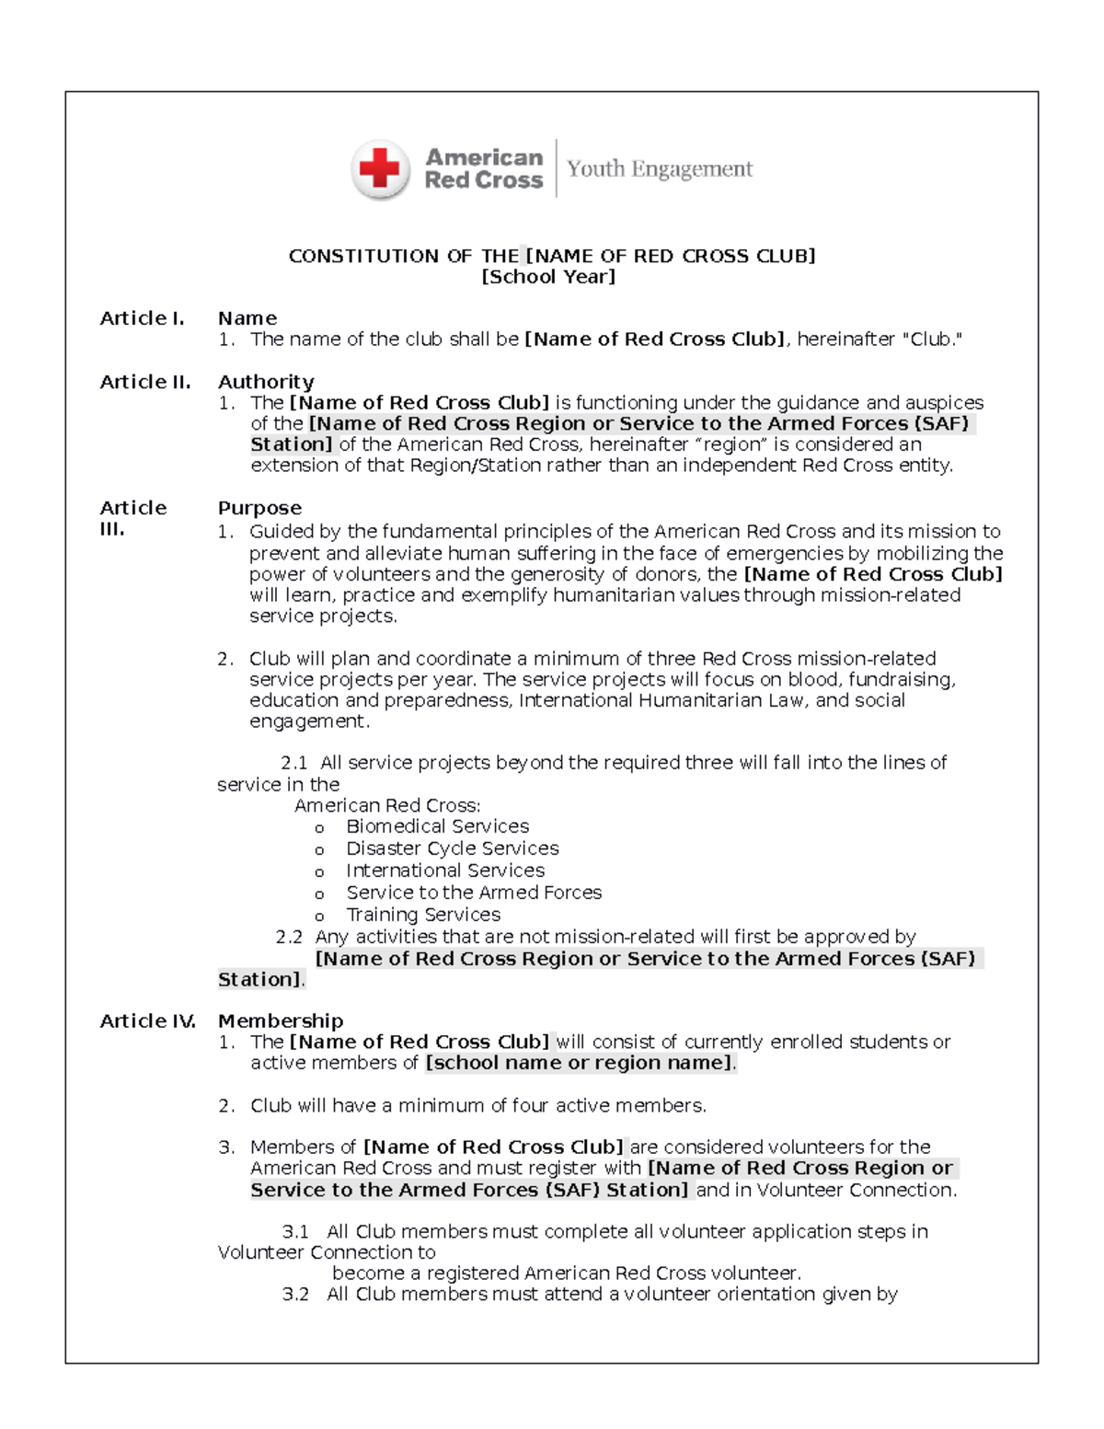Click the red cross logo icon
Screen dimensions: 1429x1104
click(x=380, y=169)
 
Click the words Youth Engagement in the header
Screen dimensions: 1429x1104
click(x=660, y=169)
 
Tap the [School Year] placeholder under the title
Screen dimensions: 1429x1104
click(x=548, y=277)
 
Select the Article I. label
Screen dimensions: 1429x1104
click(x=142, y=318)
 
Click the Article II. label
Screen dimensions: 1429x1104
click(x=144, y=382)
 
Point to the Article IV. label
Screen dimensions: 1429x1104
click(x=147, y=1020)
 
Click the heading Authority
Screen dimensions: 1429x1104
click(x=265, y=382)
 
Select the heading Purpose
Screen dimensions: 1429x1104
click(x=259, y=508)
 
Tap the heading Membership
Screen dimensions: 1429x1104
click(x=280, y=1020)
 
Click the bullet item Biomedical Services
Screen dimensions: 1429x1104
click(x=437, y=826)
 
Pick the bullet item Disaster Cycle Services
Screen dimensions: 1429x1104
click(x=452, y=848)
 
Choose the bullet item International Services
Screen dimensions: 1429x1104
click(x=445, y=870)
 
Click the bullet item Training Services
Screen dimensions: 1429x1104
click(x=423, y=915)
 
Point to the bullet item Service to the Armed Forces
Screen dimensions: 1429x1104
click(x=474, y=893)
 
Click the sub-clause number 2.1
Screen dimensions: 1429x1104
click(x=293, y=763)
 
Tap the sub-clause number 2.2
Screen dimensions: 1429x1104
click(x=289, y=937)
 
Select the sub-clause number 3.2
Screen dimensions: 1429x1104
click(x=295, y=1294)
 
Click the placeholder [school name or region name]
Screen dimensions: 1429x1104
click(x=580, y=1063)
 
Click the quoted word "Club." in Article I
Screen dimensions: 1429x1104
click(x=937, y=340)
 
